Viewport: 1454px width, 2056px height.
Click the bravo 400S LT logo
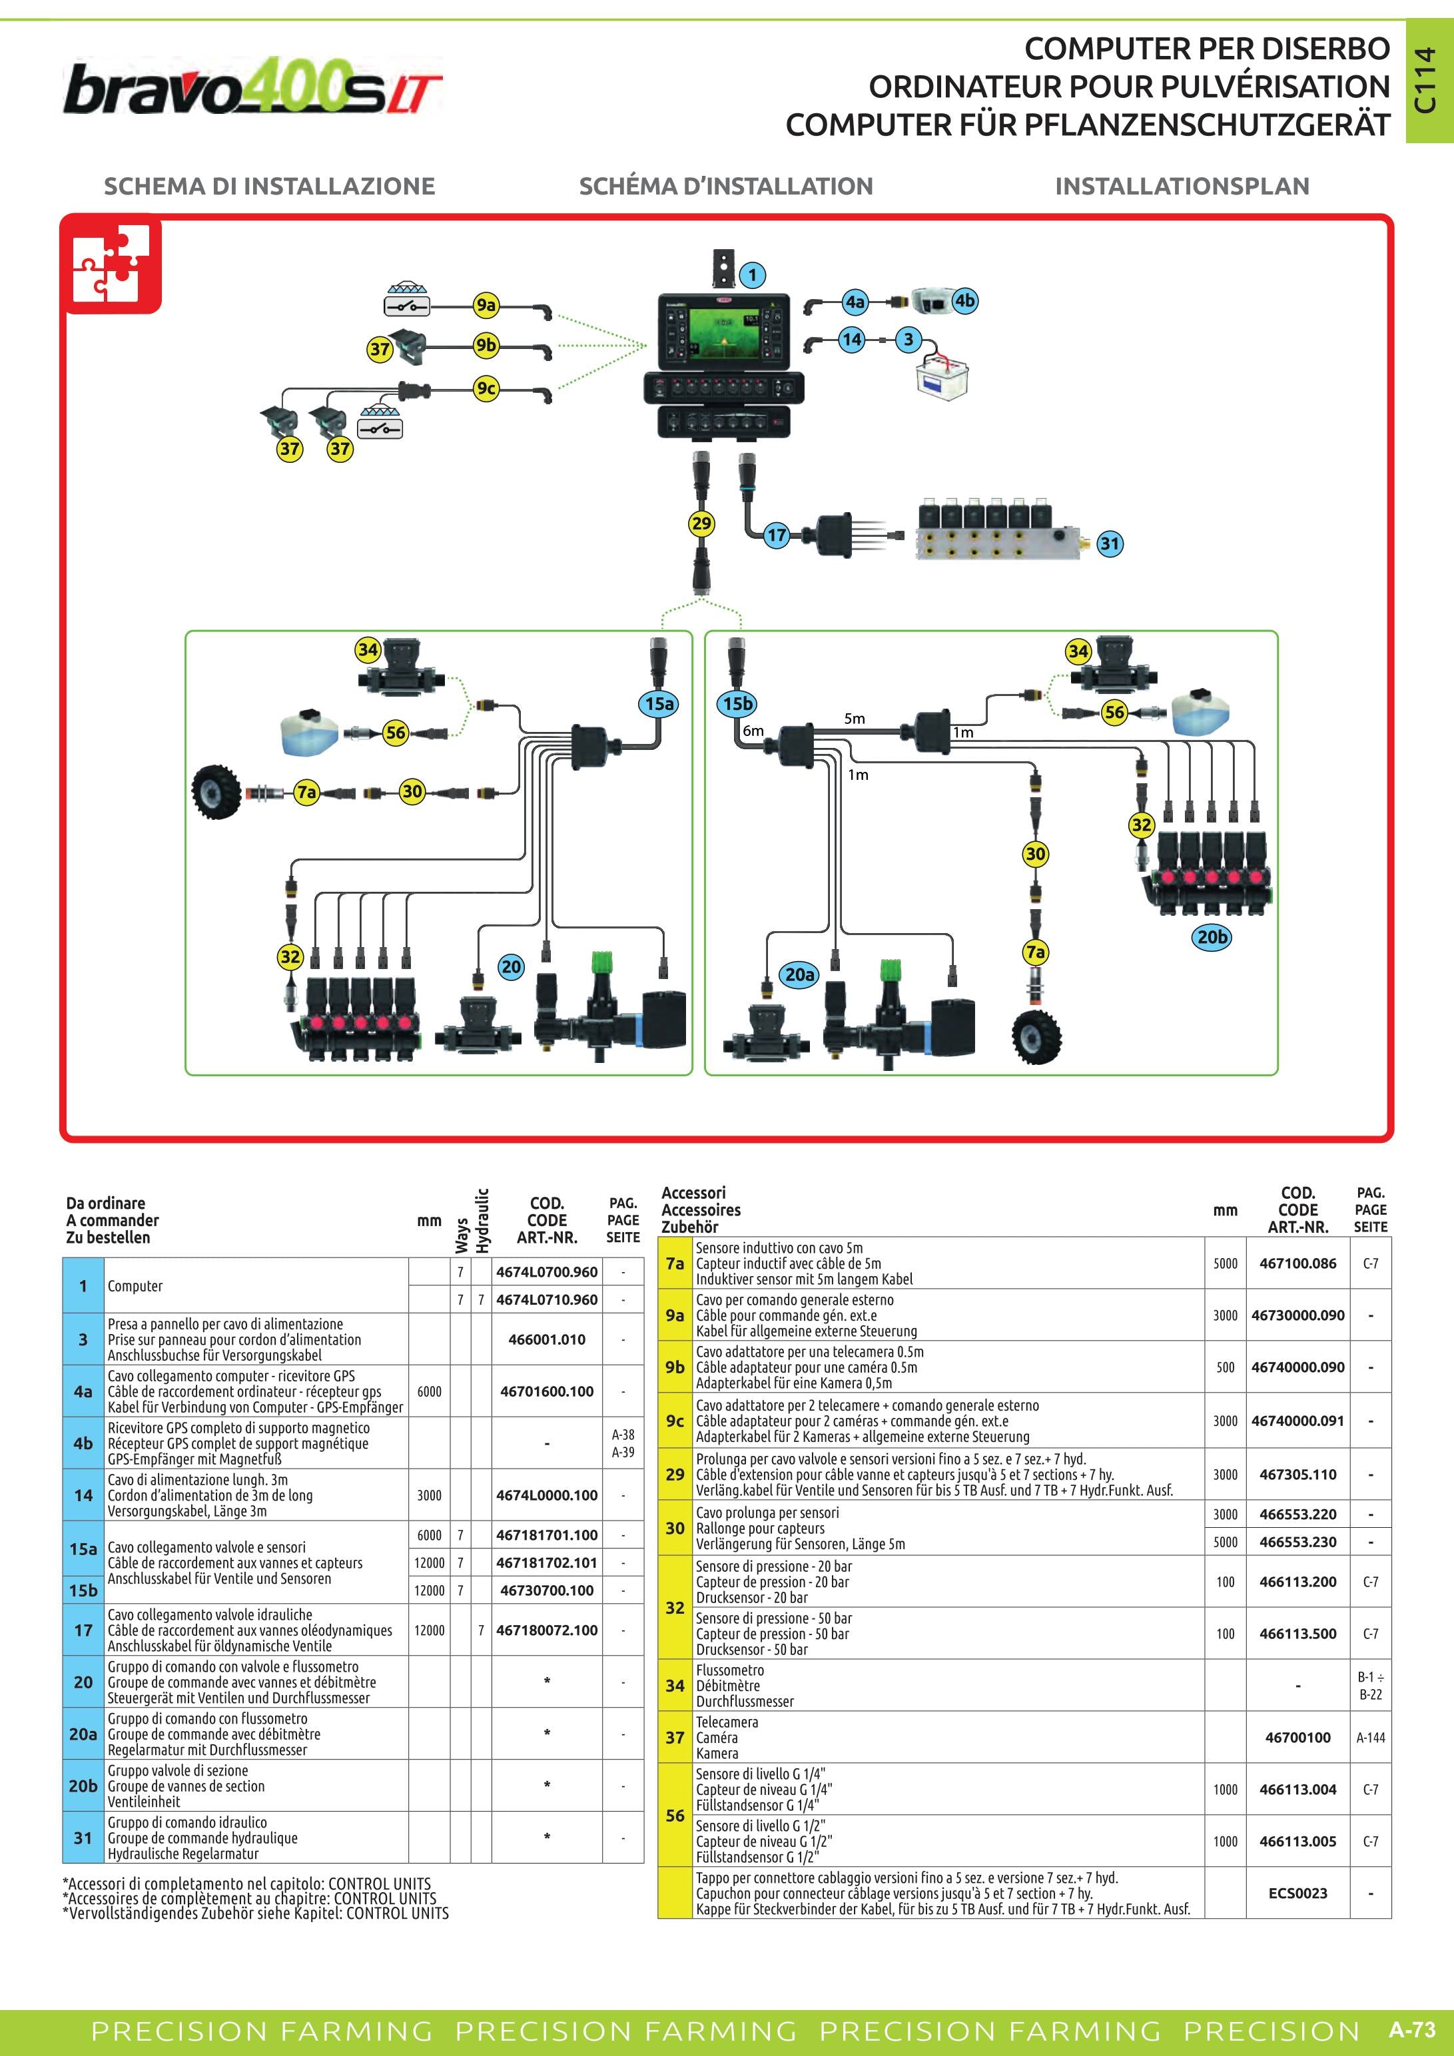coord(252,89)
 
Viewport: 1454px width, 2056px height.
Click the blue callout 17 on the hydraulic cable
coord(776,535)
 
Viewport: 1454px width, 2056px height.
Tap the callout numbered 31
coord(1109,543)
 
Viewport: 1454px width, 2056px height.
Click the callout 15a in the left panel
coord(660,704)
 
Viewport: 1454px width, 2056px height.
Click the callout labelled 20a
coord(799,974)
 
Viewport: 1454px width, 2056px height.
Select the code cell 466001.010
coord(547,1339)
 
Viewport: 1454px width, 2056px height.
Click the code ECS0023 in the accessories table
coord(1298,1893)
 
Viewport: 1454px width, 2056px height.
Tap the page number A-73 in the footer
coord(1412,2029)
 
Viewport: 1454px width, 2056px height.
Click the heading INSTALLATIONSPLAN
coord(1182,186)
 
